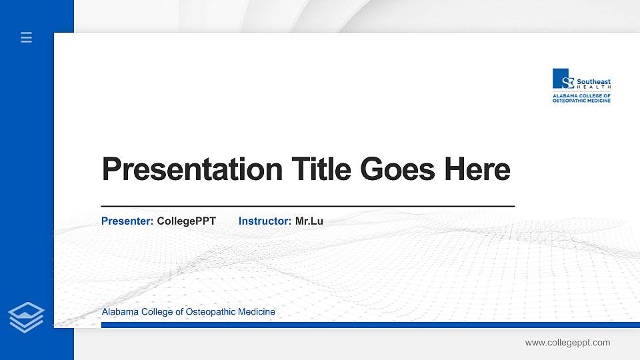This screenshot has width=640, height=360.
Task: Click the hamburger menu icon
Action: point(26,38)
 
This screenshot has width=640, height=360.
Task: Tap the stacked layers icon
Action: point(26,317)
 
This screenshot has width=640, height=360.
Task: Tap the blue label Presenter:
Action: point(127,221)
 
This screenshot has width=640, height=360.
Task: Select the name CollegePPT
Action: point(186,221)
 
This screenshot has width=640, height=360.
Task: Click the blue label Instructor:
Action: point(265,221)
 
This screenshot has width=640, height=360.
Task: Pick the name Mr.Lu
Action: point(309,221)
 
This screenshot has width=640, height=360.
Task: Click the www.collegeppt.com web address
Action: point(567,343)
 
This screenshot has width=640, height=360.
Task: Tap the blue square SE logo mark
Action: point(563,79)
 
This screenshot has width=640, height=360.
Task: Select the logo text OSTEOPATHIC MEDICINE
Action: point(581,101)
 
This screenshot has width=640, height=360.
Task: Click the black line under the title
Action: point(307,207)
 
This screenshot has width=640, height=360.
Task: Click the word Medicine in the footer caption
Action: point(256,312)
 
